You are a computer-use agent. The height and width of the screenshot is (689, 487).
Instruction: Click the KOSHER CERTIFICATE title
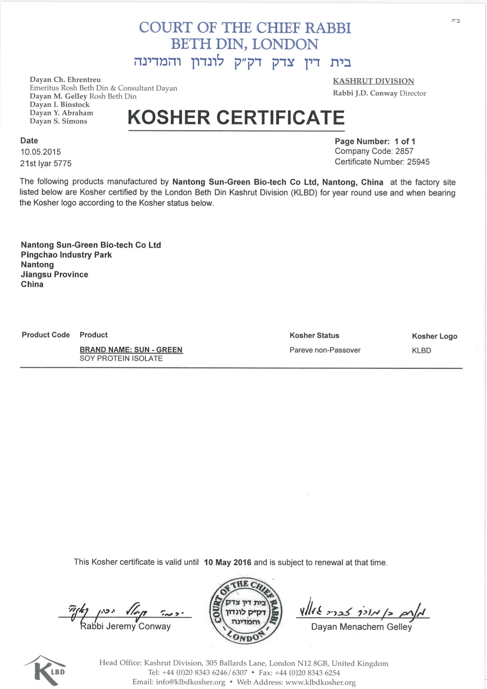click(236, 118)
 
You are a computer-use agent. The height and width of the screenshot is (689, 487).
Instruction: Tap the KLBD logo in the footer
click(46, 670)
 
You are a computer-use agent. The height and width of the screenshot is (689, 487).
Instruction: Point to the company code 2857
click(404, 151)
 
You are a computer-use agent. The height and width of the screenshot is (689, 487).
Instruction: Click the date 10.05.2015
click(40, 152)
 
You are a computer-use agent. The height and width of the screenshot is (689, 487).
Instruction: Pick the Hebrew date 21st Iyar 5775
click(46, 164)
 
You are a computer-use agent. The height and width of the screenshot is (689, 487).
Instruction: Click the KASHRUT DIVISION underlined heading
click(373, 81)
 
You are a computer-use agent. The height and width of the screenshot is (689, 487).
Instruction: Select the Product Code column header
click(46, 335)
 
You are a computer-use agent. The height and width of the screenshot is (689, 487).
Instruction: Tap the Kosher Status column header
click(314, 335)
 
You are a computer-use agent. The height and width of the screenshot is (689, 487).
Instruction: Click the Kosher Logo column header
click(434, 336)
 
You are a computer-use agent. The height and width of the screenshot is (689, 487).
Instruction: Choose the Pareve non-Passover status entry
click(325, 350)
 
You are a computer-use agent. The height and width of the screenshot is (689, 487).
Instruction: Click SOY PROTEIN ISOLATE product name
click(121, 359)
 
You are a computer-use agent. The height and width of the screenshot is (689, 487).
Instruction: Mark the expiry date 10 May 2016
click(227, 562)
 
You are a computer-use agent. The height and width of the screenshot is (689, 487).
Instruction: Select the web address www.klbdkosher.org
click(320, 682)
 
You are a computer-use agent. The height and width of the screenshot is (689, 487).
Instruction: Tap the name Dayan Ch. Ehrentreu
click(65, 80)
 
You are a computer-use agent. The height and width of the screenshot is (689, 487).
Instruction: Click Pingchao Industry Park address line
click(66, 255)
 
